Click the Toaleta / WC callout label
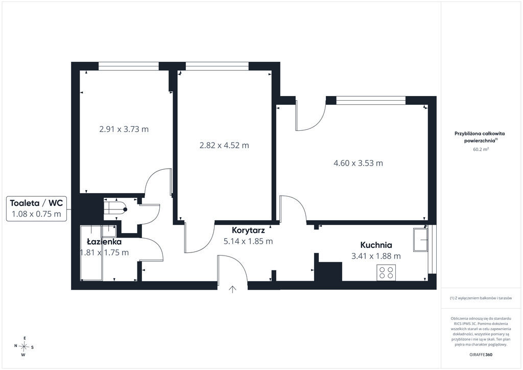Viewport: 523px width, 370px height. [x=36, y=203]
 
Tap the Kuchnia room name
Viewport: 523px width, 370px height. [x=376, y=245]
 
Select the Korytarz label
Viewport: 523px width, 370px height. [x=248, y=230]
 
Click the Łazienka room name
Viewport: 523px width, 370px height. [x=104, y=241]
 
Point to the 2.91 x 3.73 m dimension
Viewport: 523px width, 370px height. [x=124, y=129]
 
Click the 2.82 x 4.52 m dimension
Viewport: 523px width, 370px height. [x=224, y=145]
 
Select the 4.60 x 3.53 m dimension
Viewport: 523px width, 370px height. [x=358, y=163]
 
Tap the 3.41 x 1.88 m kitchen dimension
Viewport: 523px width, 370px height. [x=376, y=256]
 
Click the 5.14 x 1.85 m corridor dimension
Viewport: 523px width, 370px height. [x=248, y=241]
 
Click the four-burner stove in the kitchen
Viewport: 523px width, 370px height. [x=386, y=272]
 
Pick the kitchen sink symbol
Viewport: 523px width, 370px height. [x=420, y=240]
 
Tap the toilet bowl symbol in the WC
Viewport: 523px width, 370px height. [x=115, y=209]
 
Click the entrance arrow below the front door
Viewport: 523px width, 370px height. [x=232, y=289]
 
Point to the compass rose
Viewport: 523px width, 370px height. [x=24, y=346]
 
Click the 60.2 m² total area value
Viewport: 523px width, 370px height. [x=481, y=149]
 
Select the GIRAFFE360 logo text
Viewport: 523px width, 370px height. [x=481, y=355]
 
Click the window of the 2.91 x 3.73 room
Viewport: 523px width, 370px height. [x=128, y=66]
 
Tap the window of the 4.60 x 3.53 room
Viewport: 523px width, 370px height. [x=371, y=100]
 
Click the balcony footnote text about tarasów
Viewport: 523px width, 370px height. [x=481, y=298]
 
